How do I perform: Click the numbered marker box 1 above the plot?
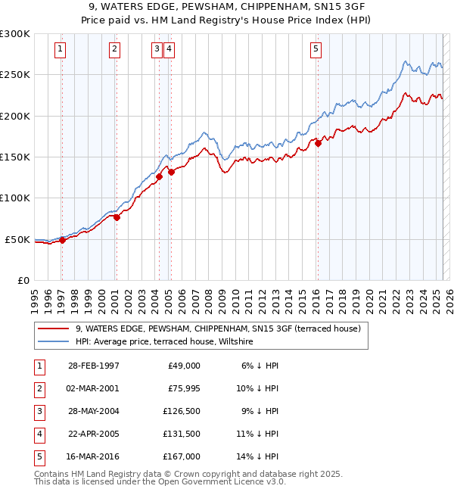[60, 50]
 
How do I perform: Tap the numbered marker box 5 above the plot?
[316, 50]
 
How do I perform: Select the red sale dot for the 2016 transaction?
[319, 142]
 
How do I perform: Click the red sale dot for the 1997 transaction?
[63, 240]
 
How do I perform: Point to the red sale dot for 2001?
[117, 218]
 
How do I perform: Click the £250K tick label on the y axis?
[15, 75]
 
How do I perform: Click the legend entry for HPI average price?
[163, 342]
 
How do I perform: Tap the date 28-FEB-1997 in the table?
[93, 366]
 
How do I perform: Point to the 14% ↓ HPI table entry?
[258, 456]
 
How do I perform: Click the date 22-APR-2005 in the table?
[93, 434]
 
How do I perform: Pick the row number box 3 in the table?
[39, 411]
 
